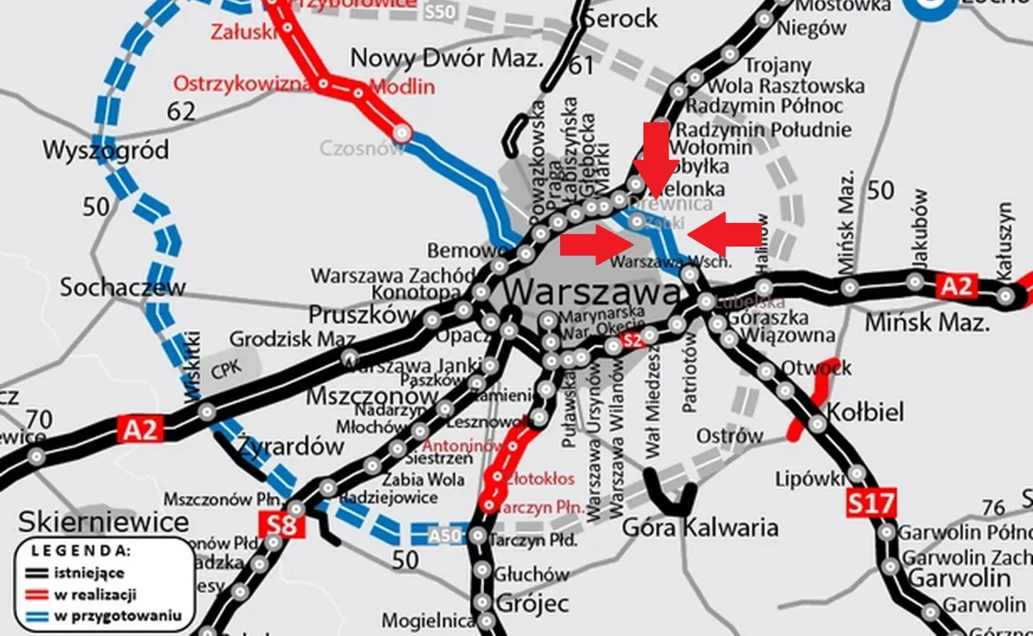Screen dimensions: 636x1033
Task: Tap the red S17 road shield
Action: pyautogui.click(x=871, y=504)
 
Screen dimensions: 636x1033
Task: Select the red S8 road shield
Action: pyautogui.click(x=282, y=526)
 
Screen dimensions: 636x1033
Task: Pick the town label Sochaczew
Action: pyautogui.click(x=122, y=287)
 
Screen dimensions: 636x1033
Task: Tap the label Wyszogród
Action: pyautogui.click(x=106, y=151)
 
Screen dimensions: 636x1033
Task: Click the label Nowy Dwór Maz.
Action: pyautogui.click(x=446, y=58)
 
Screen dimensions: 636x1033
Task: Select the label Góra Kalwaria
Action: pyautogui.click(x=700, y=528)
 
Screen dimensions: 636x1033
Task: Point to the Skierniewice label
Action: pyautogui.click(x=103, y=522)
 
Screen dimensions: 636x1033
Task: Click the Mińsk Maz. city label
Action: pyautogui.click(x=926, y=322)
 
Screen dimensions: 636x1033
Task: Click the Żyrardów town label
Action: pyautogui.click(x=291, y=446)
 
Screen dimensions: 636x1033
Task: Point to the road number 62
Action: pyautogui.click(x=181, y=111)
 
